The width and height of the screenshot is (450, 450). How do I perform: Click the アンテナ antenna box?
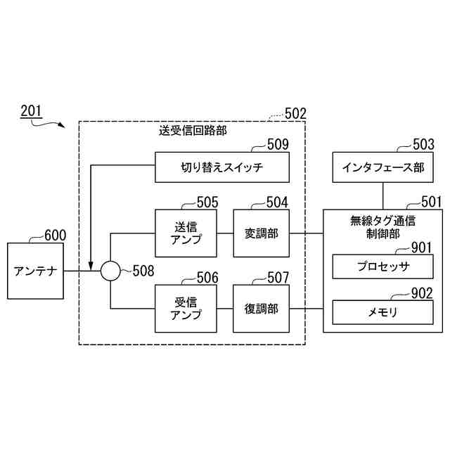34,270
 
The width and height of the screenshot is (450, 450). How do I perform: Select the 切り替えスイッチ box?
222,168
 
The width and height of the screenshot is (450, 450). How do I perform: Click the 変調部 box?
261,233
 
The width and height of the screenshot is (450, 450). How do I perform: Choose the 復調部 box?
261,309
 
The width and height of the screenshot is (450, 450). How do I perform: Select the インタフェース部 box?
383,168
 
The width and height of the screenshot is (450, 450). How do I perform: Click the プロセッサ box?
382,267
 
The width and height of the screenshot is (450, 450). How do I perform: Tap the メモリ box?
382,311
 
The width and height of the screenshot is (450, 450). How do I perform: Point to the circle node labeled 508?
110,270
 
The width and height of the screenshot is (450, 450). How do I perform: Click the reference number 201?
31,110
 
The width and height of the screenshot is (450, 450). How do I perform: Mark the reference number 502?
295,112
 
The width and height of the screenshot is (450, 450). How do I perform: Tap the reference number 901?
421,247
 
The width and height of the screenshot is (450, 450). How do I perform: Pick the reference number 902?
421,293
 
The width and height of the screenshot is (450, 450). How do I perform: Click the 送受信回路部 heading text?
193,130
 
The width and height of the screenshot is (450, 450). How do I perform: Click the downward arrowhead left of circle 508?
91,265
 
